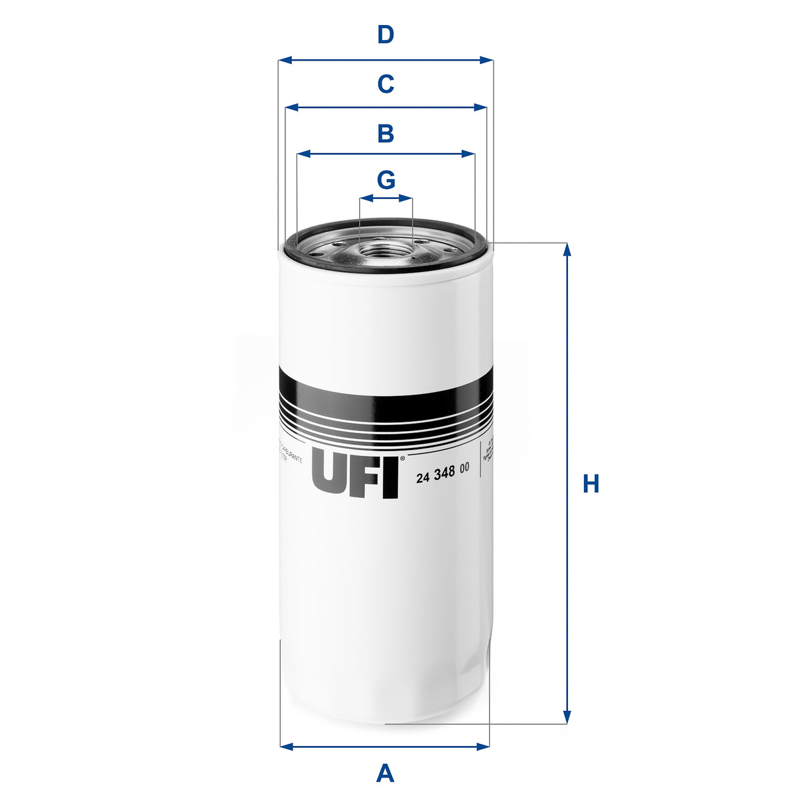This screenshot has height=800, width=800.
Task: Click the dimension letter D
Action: point(386,34)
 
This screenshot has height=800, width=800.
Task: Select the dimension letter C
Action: point(386,84)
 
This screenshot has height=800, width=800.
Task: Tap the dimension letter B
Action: point(386,133)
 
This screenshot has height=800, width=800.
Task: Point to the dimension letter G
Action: point(386,179)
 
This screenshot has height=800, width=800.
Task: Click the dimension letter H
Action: point(590,484)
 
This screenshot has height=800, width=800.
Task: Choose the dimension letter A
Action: point(385,772)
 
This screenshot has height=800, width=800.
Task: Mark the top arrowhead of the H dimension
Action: point(567,248)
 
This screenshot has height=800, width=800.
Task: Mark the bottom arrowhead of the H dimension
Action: point(567,718)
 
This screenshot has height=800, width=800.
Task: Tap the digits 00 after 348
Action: point(465,468)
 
